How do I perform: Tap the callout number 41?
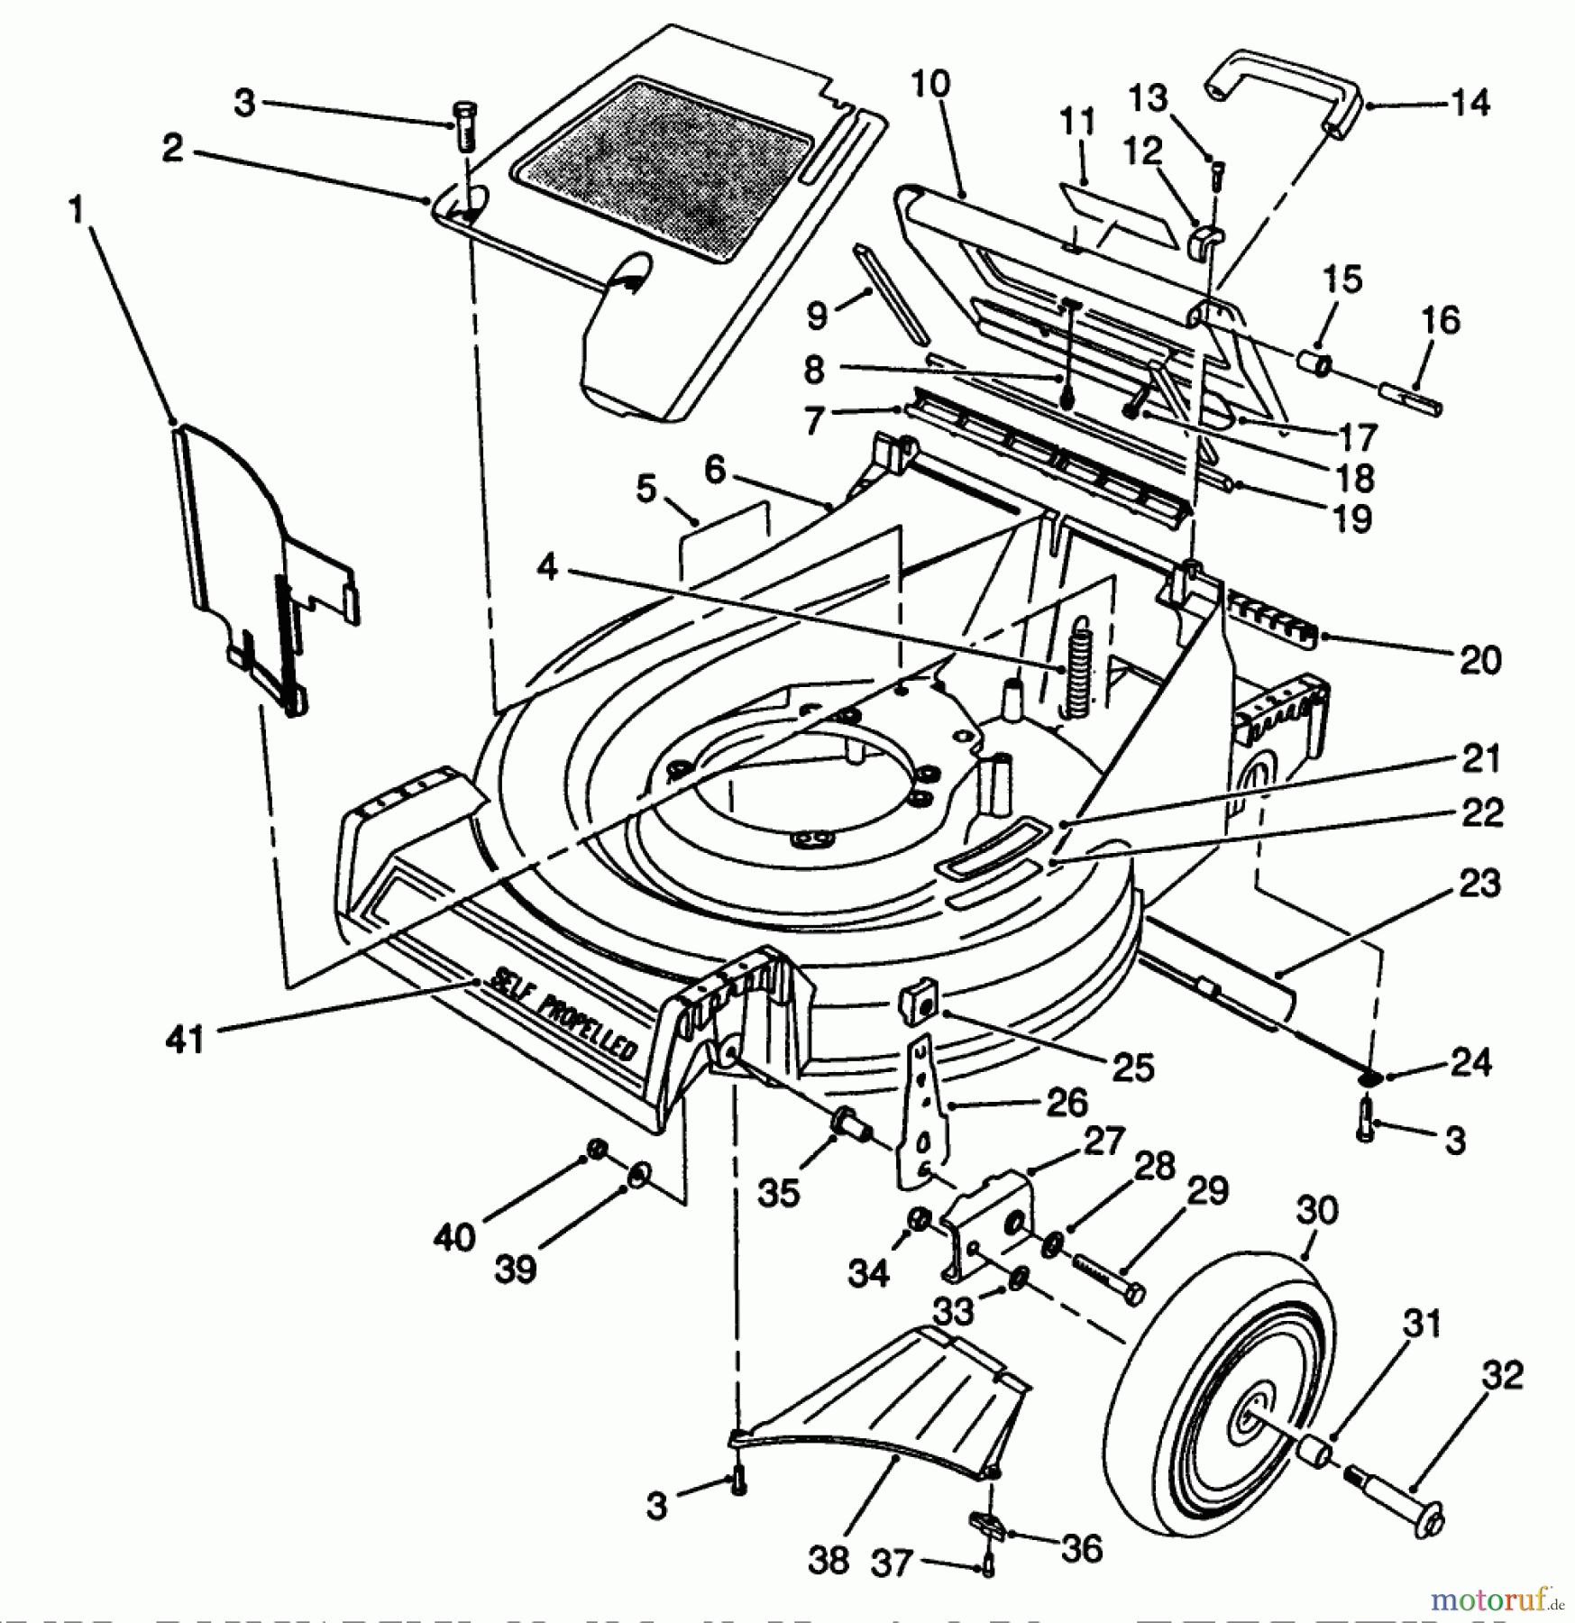pyautogui.click(x=186, y=1040)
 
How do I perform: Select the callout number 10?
pyautogui.click(x=930, y=85)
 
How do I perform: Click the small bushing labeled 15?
pyautogui.click(x=1315, y=366)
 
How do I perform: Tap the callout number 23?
pyautogui.click(x=1479, y=883)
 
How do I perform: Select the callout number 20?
pyautogui.click(x=1479, y=660)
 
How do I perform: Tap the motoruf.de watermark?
pyautogui.click(x=1496, y=1599)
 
